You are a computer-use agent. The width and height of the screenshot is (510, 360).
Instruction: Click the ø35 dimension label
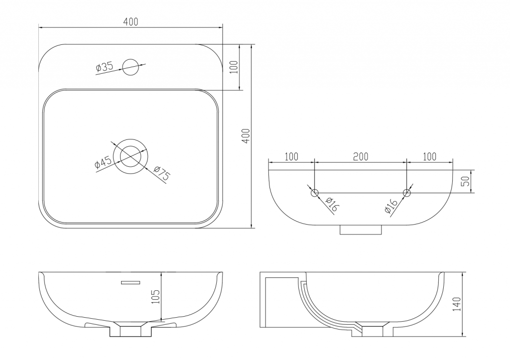[105, 67]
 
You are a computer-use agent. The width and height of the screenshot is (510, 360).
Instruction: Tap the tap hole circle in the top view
[131, 67]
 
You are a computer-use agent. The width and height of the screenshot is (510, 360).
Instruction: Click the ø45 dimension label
[103, 163]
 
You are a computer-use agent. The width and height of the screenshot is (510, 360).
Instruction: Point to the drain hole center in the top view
[130, 155]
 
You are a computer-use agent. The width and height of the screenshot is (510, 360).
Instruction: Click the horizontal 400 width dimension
[130, 21]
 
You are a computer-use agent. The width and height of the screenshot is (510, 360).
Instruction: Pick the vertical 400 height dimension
[246, 136]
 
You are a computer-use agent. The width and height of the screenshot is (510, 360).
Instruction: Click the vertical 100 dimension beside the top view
[234, 67]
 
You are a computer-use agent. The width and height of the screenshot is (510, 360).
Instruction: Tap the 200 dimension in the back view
[360, 157]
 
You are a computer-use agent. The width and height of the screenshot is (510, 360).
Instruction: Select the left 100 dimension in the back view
[291, 157]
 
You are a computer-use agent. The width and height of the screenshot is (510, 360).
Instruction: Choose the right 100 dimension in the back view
[429, 157]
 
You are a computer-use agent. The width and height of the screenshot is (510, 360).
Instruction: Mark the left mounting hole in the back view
[315, 193]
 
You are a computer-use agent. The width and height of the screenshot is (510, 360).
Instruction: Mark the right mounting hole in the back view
[407, 193]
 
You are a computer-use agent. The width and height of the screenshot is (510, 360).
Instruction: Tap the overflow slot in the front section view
[131, 282]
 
